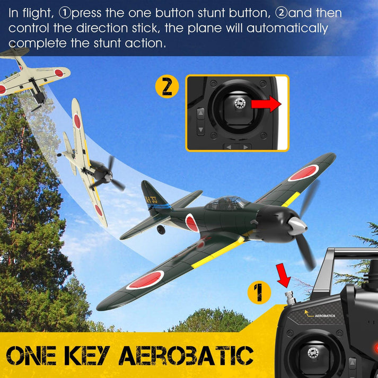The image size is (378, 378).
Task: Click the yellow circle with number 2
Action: (167, 87)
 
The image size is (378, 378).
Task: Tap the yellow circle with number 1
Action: (259, 293)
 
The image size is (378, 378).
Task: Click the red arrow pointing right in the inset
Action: (265, 104)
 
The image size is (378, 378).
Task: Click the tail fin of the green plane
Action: (151, 196)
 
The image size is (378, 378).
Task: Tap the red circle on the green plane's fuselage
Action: (191, 223)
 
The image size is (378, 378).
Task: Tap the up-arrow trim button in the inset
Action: (200, 112)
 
